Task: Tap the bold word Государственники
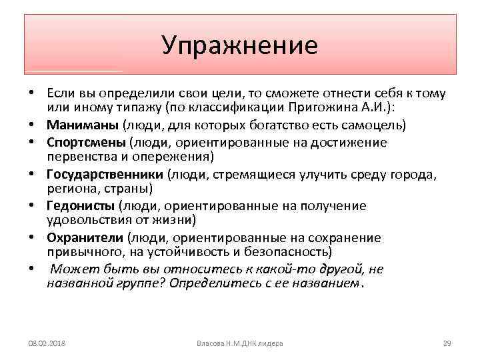click(105, 174)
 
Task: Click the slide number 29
click(447, 343)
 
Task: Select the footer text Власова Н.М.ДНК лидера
click(240, 343)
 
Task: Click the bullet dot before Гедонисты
click(32, 206)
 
